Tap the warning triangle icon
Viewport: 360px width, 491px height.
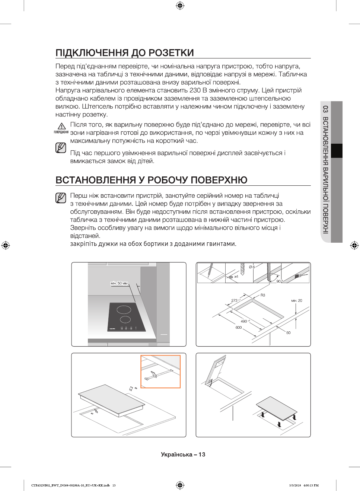point(62,127)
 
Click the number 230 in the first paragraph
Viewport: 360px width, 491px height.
point(195,90)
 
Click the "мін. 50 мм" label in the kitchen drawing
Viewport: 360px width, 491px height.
point(119,283)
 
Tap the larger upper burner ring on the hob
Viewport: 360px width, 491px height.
point(124,309)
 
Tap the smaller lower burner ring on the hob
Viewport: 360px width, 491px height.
point(125,319)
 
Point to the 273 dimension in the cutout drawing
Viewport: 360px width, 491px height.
point(235,300)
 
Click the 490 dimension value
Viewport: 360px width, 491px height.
point(244,321)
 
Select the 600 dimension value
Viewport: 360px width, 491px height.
point(239,328)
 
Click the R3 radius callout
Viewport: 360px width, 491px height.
point(263,295)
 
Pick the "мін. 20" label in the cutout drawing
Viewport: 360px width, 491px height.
point(297,300)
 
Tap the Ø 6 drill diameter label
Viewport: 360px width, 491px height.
point(252,267)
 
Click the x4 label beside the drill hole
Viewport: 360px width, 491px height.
point(236,277)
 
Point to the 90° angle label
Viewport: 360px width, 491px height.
point(279,281)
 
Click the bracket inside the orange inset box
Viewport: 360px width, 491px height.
point(152,374)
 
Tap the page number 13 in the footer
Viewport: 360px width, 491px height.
point(202,455)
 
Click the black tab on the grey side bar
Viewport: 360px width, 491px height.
point(337,151)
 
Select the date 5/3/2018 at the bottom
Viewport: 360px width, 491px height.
point(295,485)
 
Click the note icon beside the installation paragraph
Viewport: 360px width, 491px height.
point(61,198)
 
